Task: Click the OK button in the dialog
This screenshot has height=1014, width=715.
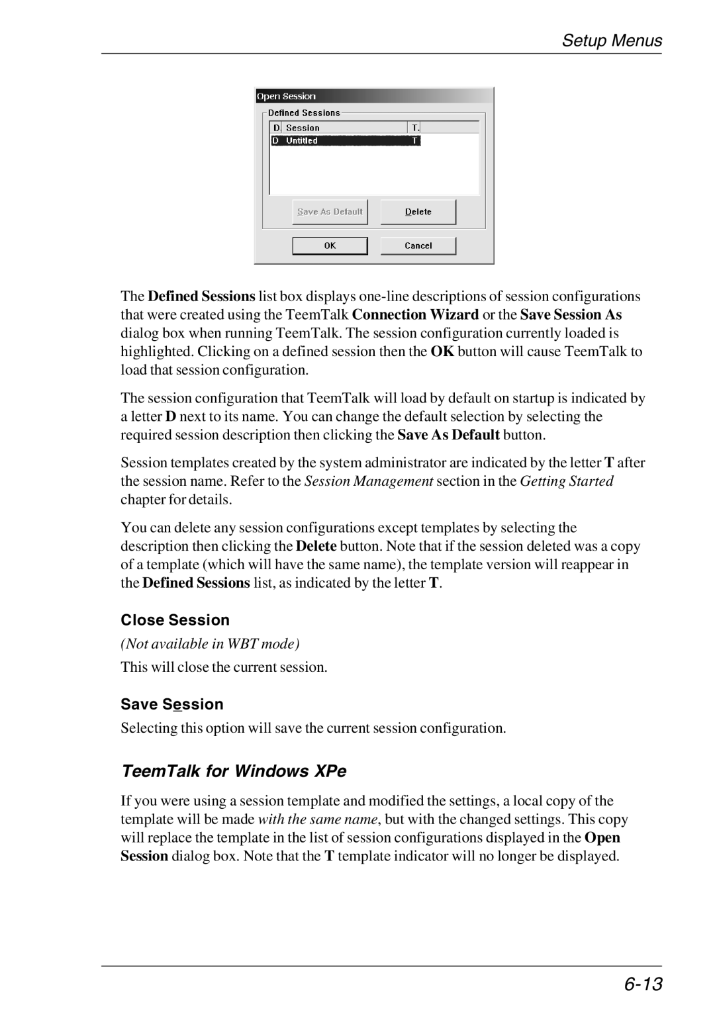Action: pos(330,246)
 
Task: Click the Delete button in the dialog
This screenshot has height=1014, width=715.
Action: pos(418,212)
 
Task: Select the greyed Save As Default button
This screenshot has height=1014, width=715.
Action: pos(330,212)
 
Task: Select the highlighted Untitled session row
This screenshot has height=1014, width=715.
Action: pos(345,141)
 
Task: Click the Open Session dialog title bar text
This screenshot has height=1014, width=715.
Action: pos(287,97)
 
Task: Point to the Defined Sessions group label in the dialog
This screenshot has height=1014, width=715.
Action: pos(304,113)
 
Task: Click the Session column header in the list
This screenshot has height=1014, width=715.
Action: pos(303,128)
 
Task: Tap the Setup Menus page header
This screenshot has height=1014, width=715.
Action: pos(612,41)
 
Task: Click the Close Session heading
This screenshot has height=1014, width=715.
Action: pos(175,620)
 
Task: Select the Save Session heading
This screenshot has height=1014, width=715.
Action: pos(172,704)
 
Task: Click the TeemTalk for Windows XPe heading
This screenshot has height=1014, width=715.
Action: pos(234,772)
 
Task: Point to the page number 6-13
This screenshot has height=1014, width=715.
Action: pos(642,984)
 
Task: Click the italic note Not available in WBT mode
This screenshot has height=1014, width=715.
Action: pos(211,644)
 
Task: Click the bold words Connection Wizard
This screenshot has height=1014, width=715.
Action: pos(415,315)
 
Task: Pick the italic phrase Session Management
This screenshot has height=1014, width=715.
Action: pos(369,481)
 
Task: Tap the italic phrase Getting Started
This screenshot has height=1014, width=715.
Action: pos(566,481)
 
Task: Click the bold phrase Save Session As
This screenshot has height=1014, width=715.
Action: pos(571,315)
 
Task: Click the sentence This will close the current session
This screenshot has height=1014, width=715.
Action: pos(224,667)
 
